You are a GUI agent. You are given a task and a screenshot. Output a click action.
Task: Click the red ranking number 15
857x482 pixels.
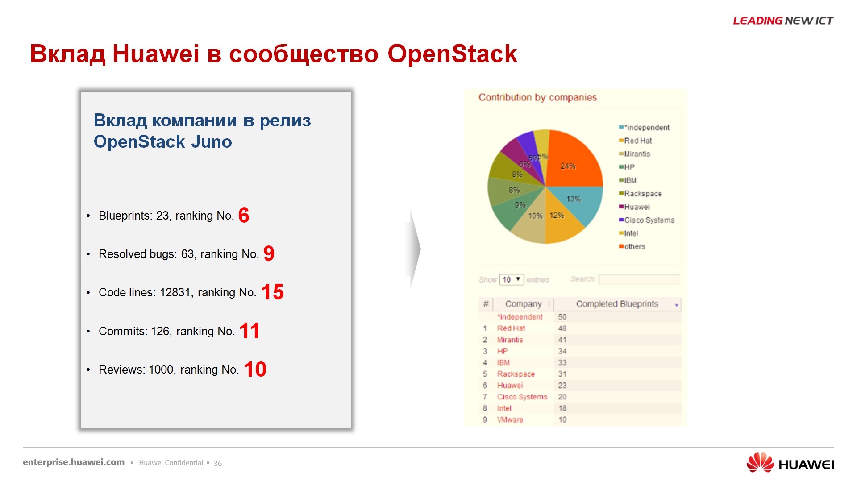click(x=272, y=292)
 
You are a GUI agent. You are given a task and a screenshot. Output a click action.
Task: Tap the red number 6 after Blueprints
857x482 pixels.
click(x=244, y=216)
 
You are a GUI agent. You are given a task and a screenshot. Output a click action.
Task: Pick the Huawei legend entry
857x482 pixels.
click(x=637, y=207)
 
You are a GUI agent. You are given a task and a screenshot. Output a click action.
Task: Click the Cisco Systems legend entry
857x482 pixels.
click(x=649, y=220)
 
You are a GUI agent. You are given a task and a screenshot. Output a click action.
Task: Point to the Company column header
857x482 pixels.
click(x=523, y=304)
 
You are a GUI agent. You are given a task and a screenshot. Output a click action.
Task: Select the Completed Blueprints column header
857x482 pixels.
click(x=617, y=304)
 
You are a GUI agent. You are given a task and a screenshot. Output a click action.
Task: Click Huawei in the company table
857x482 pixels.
click(x=510, y=386)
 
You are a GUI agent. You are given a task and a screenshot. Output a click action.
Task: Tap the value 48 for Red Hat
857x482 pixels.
click(x=562, y=328)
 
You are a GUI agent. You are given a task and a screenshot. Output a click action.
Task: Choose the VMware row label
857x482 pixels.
click(x=510, y=420)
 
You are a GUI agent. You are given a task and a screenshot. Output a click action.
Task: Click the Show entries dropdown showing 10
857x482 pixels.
click(x=511, y=279)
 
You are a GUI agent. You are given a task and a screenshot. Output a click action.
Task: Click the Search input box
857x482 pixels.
click(x=639, y=279)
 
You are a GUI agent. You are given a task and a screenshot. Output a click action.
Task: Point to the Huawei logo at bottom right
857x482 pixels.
click(x=790, y=463)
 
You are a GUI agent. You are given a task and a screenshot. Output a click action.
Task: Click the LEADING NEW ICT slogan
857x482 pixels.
click(x=783, y=21)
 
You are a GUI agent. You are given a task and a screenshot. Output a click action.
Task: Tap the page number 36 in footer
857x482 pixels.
click(x=218, y=463)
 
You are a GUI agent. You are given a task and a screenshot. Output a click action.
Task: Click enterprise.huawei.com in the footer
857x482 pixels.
click(x=74, y=462)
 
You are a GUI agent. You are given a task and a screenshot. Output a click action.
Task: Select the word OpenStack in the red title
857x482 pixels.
click(x=452, y=54)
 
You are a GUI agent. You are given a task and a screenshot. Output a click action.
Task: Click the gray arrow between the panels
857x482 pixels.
click(x=414, y=249)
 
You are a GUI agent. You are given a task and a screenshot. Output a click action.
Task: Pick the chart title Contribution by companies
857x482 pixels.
click(x=537, y=97)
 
